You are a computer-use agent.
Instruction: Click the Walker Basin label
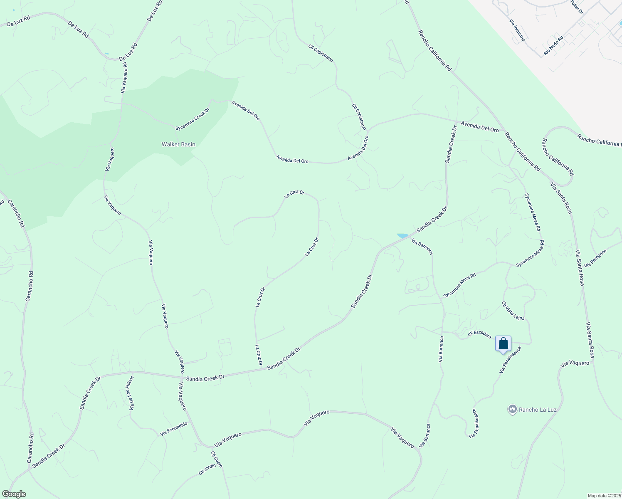pos(178,144)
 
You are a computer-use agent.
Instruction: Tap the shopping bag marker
pos(503,344)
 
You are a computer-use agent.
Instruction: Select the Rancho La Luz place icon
pos(512,410)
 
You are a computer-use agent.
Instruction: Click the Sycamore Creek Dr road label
pos(192,119)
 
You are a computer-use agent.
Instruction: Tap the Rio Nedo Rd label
pos(553,46)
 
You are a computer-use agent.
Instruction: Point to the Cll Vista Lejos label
pos(513,311)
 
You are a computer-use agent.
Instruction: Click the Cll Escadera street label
pos(479,335)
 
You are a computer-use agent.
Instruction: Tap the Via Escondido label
pos(174,429)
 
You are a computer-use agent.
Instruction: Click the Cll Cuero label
pos(217,459)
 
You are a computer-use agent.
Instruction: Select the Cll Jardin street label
pos(207,469)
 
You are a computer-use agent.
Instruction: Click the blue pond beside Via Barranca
pos(402,236)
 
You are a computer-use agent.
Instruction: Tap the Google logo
pos(13,494)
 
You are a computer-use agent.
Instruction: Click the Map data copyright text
pos(604,496)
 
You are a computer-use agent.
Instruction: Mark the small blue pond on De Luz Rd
pos(107,54)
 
